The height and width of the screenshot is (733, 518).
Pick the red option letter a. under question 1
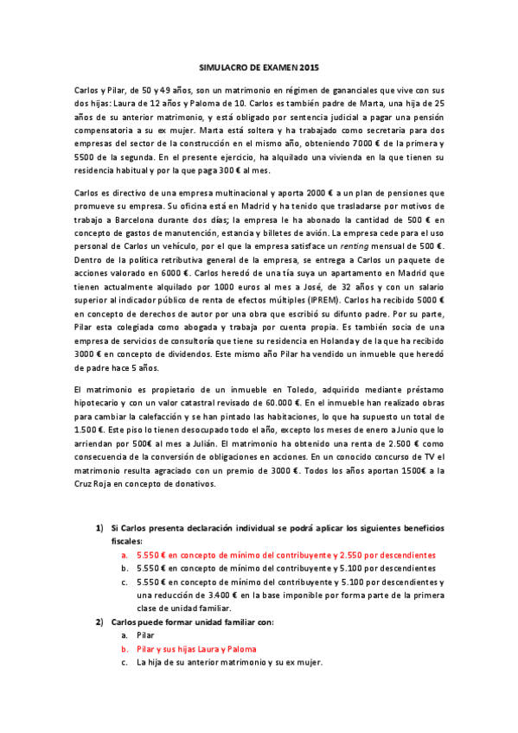click(125, 554)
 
